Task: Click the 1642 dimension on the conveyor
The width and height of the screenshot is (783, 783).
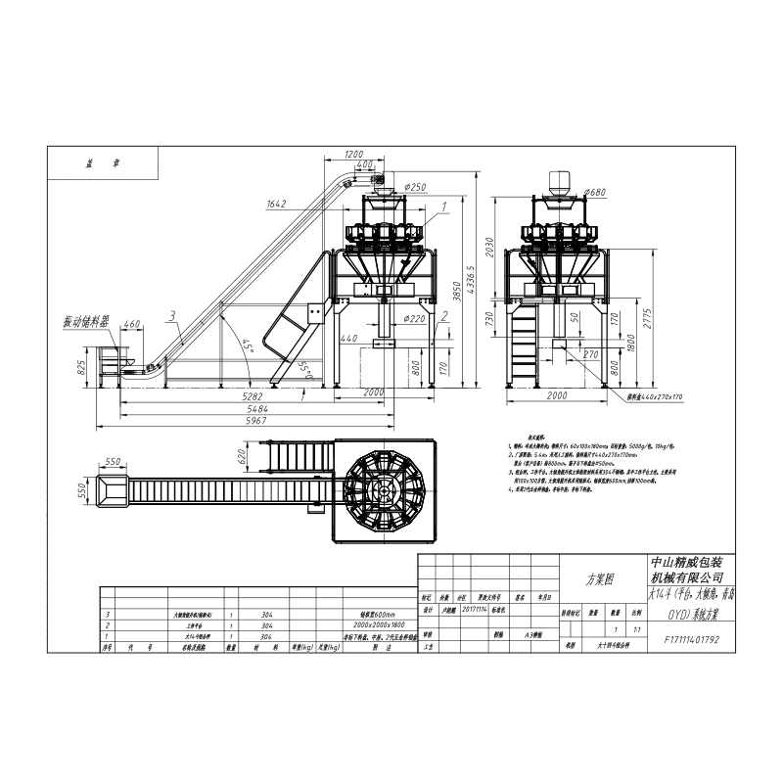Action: pos(276,205)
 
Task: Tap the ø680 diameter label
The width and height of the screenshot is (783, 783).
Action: pos(594,192)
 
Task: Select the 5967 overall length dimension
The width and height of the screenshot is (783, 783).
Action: pos(255,422)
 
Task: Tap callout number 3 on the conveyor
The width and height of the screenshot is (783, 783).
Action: pos(171,316)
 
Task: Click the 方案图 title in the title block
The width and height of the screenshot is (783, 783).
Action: pos(600,578)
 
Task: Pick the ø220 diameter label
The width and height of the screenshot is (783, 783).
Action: pos(415,318)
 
